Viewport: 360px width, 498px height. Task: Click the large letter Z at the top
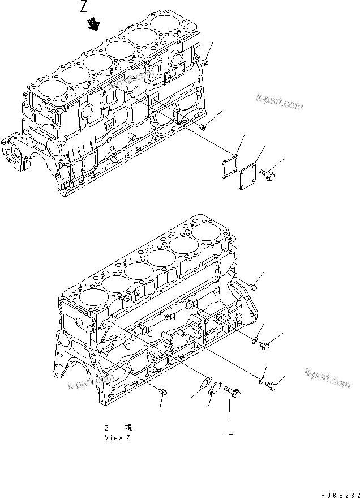pos(84,7)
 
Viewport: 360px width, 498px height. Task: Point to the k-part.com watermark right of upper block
pos(279,103)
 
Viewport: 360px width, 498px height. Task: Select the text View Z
pos(118,438)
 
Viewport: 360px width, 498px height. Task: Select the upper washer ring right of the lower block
pos(255,342)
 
